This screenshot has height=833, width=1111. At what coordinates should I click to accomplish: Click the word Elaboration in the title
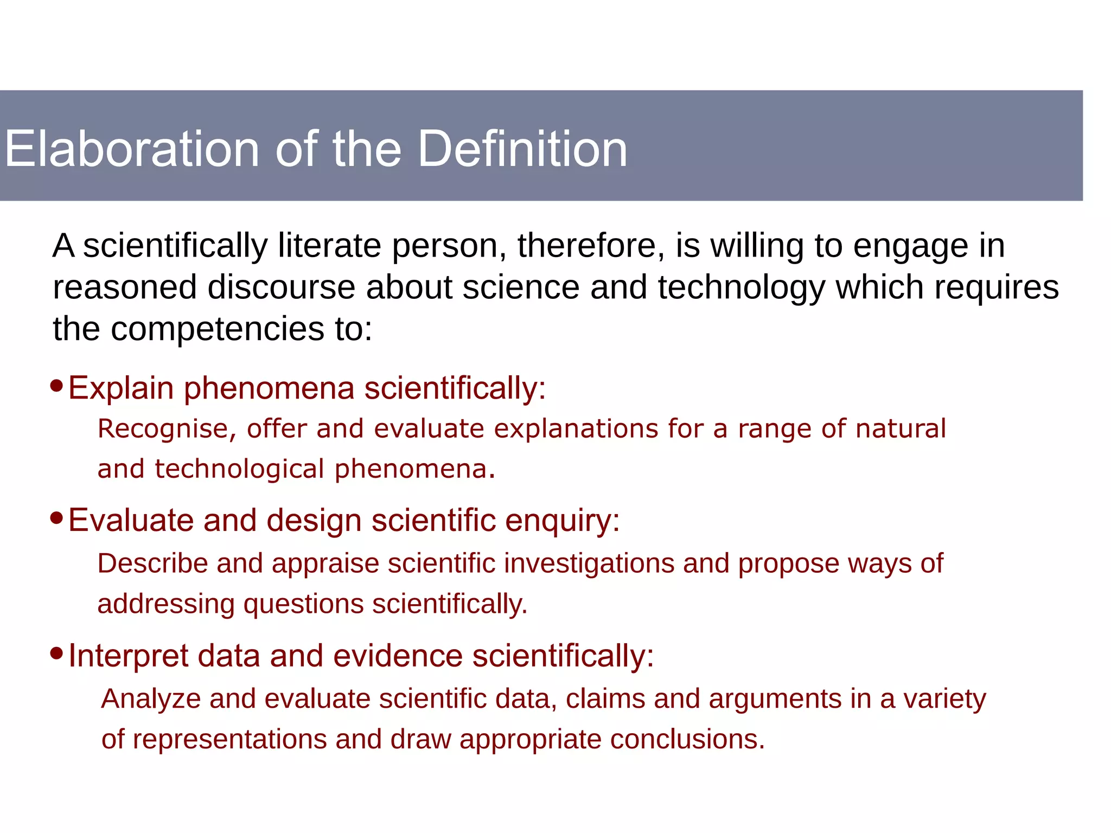point(132,149)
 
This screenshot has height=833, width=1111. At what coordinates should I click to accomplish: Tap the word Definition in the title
point(522,149)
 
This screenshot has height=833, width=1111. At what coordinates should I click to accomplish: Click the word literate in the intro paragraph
point(330,245)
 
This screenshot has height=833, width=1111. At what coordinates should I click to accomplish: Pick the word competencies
point(217,329)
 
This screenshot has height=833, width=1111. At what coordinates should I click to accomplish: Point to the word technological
point(239,469)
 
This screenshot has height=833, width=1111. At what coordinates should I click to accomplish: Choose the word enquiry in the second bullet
point(563,521)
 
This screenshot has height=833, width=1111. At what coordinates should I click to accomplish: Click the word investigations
point(589,563)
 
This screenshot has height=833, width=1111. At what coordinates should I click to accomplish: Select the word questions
point(304,605)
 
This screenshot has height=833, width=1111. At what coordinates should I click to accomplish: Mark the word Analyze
point(151,699)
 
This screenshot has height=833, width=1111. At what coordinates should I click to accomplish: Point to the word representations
point(230,739)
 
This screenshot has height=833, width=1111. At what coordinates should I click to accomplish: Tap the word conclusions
point(687,739)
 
